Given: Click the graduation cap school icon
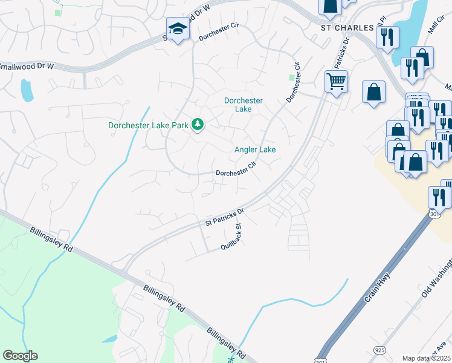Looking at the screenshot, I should pos(178,28).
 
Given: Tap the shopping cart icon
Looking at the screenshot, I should pos(335,80).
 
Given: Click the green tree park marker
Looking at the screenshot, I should pos(197,125).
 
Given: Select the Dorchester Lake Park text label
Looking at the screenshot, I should pos(148,126).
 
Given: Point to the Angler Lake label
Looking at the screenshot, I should pos(255,149).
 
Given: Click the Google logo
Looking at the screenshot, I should pos(19,356).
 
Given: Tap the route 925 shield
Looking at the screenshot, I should pos(380,350).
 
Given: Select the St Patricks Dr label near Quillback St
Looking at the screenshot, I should pos(224,217).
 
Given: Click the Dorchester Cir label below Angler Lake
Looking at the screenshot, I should pos(236,169).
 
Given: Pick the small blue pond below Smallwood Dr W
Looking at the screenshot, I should pos(27,90).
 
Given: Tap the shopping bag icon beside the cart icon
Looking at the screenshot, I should pos(374,92).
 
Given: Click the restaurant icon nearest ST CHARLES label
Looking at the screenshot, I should pos(387,36).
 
